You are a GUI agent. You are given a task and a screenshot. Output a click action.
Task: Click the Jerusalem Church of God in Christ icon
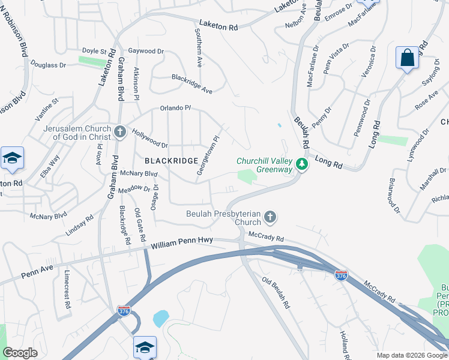(x=119, y=132)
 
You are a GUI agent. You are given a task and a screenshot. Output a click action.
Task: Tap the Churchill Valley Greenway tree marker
(x=301, y=164)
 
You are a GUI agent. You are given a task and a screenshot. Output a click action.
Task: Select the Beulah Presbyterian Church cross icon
(x=270, y=217)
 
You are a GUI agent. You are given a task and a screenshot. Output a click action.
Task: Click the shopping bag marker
(x=407, y=58)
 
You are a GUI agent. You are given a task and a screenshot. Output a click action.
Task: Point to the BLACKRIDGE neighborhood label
(x=171, y=161)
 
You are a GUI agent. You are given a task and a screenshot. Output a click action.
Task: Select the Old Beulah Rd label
(x=276, y=292)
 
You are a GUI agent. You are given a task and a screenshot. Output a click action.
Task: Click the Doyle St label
(x=94, y=52)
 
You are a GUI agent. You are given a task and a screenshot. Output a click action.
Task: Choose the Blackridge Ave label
(x=192, y=83)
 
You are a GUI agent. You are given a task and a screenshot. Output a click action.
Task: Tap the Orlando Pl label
(x=175, y=108)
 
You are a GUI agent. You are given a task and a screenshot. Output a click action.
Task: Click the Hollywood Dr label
(x=149, y=139)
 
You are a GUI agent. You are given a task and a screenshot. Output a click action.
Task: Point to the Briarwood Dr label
(x=394, y=195)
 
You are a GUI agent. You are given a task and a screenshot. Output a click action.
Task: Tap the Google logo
(x=20, y=353)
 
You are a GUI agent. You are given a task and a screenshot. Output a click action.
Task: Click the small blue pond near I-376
(x=160, y=318)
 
